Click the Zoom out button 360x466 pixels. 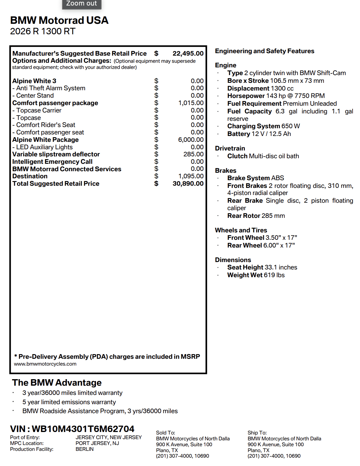pyautogui.click(x=82, y=4)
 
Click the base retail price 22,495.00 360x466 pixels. pyautogui.click(x=188, y=53)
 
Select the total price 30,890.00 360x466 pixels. pyautogui.click(x=188, y=184)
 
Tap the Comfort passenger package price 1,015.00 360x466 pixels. pyautogui.click(x=191, y=103)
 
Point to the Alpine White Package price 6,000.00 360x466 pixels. pyautogui.click(x=191, y=140)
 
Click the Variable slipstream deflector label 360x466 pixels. pyautogui.click(x=56, y=154)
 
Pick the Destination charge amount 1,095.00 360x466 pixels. pyautogui.click(x=191, y=176)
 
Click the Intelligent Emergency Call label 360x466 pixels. pyautogui.click(x=52, y=162)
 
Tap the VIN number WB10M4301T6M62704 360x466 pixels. pyautogui.click(x=83, y=429)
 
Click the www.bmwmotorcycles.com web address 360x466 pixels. pyautogui.click(x=45, y=364)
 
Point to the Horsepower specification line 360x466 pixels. pyautogui.click(x=276, y=96)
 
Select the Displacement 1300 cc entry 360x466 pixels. pyautogui.click(x=260, y=88)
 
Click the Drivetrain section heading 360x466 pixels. pyautogui.click(x=230, y=148)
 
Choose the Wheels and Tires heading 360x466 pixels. pyautogui.click(x=241, y=230)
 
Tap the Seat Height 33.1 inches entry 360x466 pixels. pyautogui.click(x=262, y=267)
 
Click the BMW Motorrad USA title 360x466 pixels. pyautogui.click(x=59, y=20)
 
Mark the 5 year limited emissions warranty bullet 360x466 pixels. pyautogui.click(x=69, y=402)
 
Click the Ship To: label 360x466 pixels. pyautogui.click(x=257, y=433)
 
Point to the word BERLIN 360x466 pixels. pyautogui.click(x=84, y=449)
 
